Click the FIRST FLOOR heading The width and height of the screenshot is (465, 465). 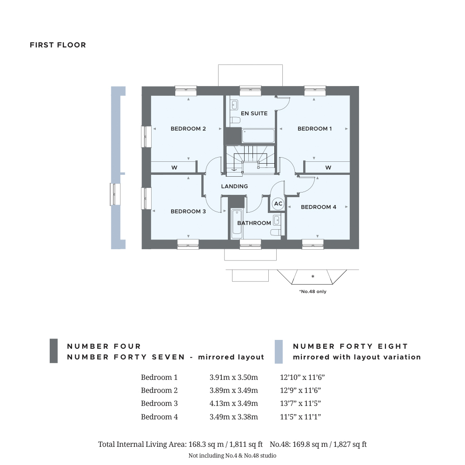(x=58, y=45)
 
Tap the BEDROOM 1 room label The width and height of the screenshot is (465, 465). (x=314, y=129)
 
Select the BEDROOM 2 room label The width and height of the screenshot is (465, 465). (x=188, y=129)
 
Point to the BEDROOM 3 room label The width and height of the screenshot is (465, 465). (x=188, y=212)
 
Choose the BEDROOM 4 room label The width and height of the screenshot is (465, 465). (x=319, y=207)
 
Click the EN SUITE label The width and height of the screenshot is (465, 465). (x=254, y=113)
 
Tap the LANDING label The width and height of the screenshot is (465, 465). (x=234, y=186)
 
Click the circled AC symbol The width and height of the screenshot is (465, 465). (x=278, y=204)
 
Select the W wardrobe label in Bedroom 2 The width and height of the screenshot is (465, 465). (x=174, y=168)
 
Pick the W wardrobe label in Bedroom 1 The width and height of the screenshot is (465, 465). (x=328, y=168)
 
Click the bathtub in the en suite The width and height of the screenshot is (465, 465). (x=259, y=136)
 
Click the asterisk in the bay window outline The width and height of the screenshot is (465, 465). (x=312, y=277)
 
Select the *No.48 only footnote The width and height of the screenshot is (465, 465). (x=312, y=292)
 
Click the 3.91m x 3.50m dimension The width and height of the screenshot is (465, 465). (x=233, y=378)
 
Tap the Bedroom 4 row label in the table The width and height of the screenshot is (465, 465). (x=159, y=417)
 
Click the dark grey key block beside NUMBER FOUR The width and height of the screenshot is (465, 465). (x=53, y=351)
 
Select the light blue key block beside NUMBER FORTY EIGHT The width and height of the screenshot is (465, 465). (x=279, y=352)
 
